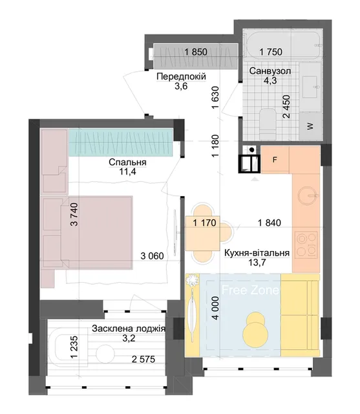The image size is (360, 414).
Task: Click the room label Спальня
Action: pos(127,162)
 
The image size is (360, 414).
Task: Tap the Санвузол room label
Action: pos(270,71)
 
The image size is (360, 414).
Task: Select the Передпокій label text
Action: pos(181,76)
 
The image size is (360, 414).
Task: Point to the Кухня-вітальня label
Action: pos(257,253)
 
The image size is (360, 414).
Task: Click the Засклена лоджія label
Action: pos(129,329)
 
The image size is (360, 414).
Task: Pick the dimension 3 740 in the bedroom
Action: pos(74,214)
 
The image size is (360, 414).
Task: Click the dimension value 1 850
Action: pos(196,52)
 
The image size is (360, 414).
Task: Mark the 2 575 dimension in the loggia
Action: pos(143,359)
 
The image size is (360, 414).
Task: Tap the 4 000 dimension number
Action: pos(215,308)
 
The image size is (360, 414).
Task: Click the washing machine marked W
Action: pos(311,126)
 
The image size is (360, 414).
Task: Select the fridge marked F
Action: pos(275,160)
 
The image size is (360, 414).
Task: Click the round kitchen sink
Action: pos(308,195)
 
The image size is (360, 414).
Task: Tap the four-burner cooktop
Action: pos(306,245)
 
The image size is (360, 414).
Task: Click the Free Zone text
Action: pos(250,290)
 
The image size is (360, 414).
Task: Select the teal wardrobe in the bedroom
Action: pos(121,142)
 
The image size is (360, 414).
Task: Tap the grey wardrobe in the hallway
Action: pos(196,56)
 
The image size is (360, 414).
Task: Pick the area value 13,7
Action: pos(257,263)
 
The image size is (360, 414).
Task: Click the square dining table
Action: pos(202,234)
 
